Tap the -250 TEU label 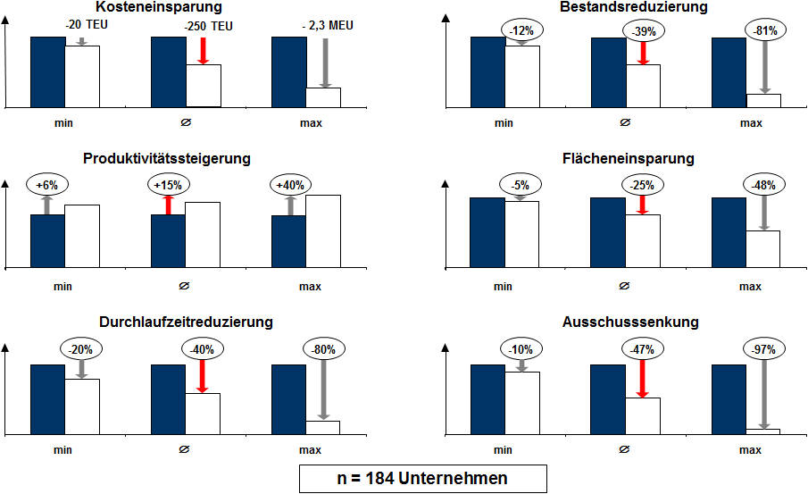[207, 27]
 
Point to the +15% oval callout [167, 185]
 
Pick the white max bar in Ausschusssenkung [763, 431]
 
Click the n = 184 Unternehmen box [421, 478]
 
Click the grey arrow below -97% [763, 394]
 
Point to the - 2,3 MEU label [328, 26]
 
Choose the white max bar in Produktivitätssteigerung [323, 230]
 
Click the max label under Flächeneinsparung [750, 287]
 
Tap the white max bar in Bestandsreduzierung [763, 100]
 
